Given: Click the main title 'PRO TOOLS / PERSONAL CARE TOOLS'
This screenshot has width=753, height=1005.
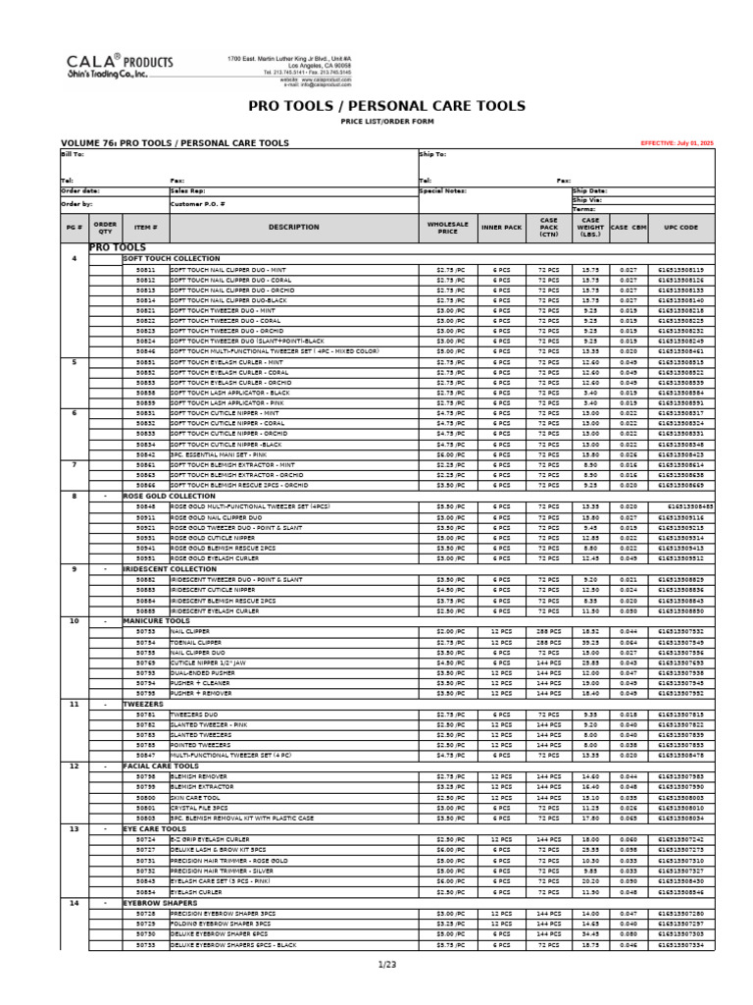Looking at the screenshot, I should pos(387,106).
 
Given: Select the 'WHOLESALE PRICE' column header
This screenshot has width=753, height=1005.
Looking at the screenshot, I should pos(448,227).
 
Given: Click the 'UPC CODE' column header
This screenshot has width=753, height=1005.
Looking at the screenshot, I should pos(680,227).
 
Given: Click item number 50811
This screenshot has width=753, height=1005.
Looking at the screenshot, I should pos(145,269).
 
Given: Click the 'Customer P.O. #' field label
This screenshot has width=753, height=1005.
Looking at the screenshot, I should pos(196,204).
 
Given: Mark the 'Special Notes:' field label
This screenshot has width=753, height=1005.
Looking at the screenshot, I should pos(442,191).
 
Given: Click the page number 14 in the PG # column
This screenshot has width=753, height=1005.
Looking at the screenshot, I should pos(75,901).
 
